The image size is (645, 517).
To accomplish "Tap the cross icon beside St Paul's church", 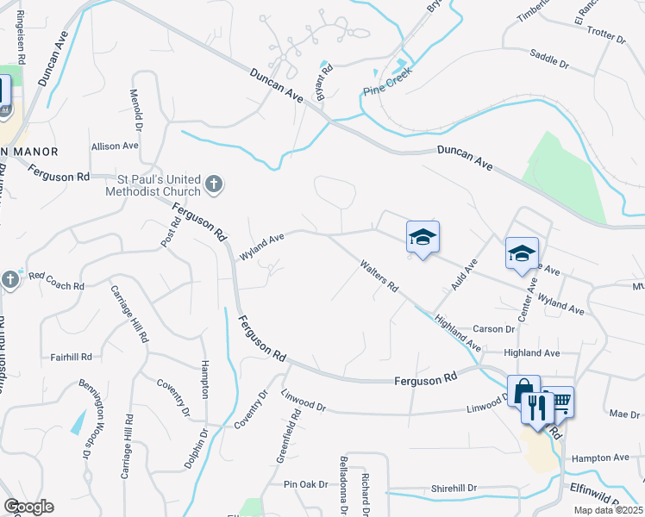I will tap(215, 184).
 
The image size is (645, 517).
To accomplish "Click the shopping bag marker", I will tap(523, 391).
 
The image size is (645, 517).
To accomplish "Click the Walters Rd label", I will tap(379, 276).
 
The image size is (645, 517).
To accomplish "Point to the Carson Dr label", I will tap(494, 329).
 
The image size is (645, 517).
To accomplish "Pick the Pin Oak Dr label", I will tap(306, 485).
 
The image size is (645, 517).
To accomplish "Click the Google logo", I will tap(28, 507).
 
